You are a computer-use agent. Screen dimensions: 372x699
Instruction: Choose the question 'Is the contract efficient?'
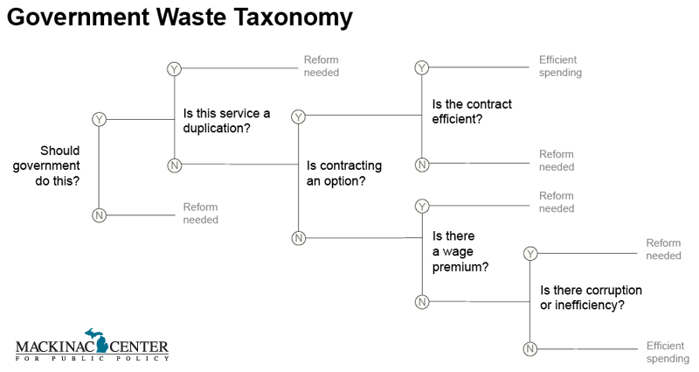click(472, 111)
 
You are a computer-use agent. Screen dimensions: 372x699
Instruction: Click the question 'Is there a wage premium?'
click(460, 250)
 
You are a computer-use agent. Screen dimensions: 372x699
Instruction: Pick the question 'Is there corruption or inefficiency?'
click(592, 298)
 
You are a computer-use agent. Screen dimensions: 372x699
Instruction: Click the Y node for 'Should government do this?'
click(99, 119)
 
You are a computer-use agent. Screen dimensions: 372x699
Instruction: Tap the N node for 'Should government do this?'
click(99, 215)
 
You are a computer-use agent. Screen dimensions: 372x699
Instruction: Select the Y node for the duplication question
click(173, 69)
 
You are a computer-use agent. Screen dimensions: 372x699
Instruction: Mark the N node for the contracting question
click(298, 238)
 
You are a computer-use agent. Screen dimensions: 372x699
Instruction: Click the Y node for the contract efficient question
click(422, 67)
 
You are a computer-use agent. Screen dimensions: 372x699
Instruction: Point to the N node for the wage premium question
click(422, 302)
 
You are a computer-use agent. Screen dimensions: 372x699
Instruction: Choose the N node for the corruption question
click(529, 350)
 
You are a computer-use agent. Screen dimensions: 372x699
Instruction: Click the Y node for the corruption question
click(529, 254)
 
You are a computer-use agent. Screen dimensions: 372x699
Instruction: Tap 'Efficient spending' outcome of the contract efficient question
click(560, 67)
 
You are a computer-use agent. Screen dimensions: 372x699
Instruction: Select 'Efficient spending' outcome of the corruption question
click(668, 352)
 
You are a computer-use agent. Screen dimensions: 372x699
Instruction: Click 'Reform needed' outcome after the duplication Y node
click(321, 66)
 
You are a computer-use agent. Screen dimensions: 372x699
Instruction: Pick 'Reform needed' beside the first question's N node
click(200, 214)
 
